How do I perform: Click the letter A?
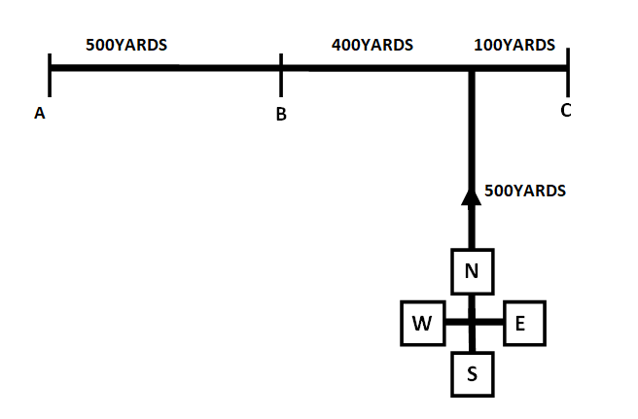click(40, 114)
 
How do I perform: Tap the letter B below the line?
click(280, 115)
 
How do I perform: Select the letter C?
click(565, 110)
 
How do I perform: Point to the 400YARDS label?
click(372, 45)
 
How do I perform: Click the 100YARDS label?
click(514, 45)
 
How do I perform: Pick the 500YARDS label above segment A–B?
click(126, 45)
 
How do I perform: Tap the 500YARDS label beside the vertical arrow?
click(524, 191)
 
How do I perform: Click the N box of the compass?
click(472, 271)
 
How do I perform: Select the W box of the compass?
click(423, 324)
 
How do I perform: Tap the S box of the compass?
click(472, 374)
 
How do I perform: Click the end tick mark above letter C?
click(567, 68)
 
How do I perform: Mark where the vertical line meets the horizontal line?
click(471, 69)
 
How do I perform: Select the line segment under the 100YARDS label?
click(519, 69)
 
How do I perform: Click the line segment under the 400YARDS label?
click(374, 69)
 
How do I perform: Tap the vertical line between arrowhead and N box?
click(472, 227)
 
